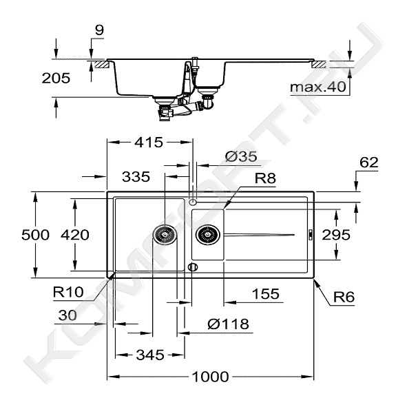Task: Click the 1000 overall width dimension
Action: (210, 377)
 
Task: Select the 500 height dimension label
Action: (35, 235)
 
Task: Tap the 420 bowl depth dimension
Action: (75, 235)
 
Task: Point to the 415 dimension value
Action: (149, 143)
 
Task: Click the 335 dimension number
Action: (136, 177)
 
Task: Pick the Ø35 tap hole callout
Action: (241, 156)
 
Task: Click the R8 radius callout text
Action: (265, 178)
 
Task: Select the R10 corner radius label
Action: (68, 292)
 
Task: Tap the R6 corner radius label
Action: (344, 297)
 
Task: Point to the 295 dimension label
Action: (336, 235)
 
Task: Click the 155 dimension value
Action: (266, 294)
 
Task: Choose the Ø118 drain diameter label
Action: (228, 324)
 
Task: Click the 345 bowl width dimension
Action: (150, 355)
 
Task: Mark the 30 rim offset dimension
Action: (67, 315)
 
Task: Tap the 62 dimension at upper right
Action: (369, 163)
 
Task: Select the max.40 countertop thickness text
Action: (318, 87)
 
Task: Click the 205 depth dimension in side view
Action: (56, 78)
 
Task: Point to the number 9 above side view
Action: (99, 30)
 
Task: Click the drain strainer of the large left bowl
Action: (165, 235)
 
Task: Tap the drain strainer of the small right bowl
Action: (208, 235)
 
